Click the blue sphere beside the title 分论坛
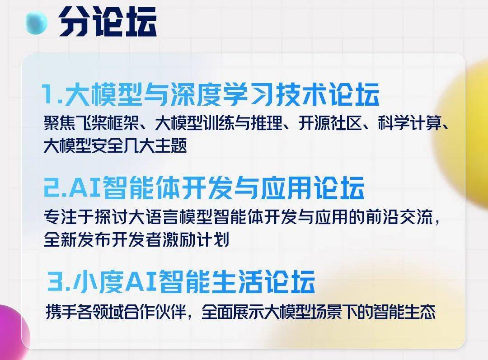click(x=36, y=23)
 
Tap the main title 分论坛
click(x=108, y=22)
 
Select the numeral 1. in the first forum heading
click(x=52, y=94)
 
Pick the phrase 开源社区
click(x=330, y=122)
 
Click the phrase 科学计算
click(x=409, y=122)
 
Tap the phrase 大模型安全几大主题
click(x=115, y=145)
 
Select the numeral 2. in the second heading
click(x=56, y=187)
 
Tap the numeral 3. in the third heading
click(x=59, y=281)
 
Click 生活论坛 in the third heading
click(x=263, y=281)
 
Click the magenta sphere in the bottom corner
click(x=13, y=332)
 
